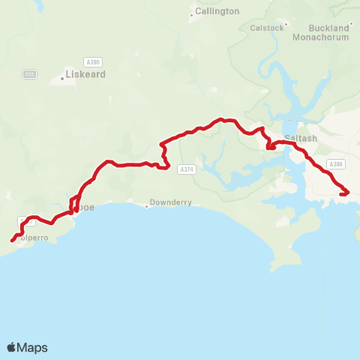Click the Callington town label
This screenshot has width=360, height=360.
(x=217, y=11)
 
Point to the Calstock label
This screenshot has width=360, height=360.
(x=268, y=28)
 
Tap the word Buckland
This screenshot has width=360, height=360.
(x=329, y=28)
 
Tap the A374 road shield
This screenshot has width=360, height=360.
(x=187, y=170)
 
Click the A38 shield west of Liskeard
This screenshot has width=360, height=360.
(x=29, y=73)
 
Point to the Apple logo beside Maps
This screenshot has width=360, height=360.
(x=12, y=347)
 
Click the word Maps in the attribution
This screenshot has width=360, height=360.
(x=33, y=347)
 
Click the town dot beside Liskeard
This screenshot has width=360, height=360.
(x=61, y=78)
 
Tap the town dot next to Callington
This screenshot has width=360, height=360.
(x=192, y=15)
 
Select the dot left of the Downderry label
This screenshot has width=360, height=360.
(x=148, y=205)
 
